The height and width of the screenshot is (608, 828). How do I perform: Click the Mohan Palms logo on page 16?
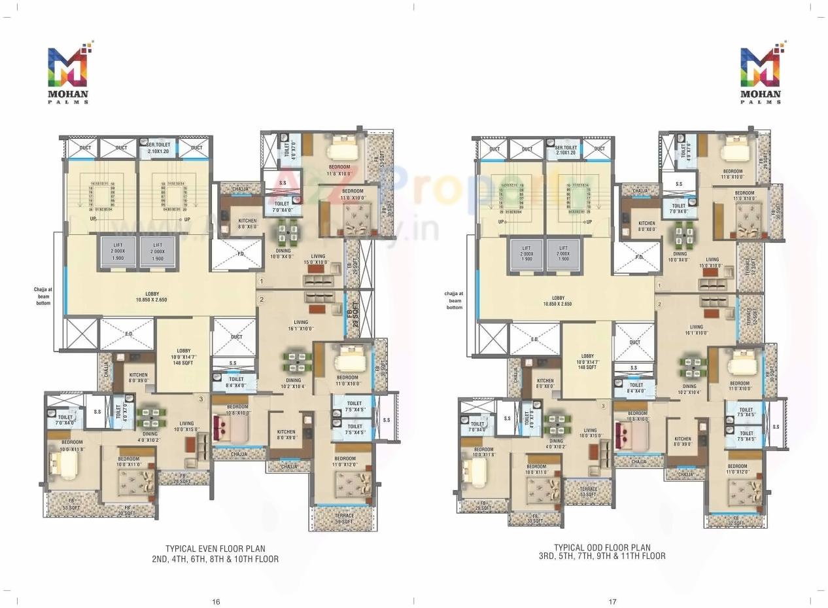[68, 73]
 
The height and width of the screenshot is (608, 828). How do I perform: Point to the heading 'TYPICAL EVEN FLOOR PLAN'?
[215, 549]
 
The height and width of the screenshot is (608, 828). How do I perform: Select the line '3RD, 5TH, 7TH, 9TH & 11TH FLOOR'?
[602, 556]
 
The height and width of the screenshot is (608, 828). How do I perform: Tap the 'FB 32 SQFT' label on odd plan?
[735, 520]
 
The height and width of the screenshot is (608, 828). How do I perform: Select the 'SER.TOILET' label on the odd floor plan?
[566, 149]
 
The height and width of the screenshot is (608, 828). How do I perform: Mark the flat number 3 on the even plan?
[201, 399]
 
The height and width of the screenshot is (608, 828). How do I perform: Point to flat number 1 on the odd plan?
[659, 285]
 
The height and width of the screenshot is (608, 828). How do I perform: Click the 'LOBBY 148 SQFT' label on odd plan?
[587, 361]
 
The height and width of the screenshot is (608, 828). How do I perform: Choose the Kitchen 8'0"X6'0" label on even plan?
[247, 224]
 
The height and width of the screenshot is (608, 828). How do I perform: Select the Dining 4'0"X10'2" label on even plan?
[150, 437]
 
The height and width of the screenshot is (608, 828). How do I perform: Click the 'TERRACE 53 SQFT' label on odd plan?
[588, 492]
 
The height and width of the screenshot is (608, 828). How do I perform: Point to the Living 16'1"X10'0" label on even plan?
[301, 325]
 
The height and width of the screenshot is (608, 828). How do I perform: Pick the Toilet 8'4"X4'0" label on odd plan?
[636, 388]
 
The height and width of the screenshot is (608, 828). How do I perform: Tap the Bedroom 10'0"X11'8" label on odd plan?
[483, 452]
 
